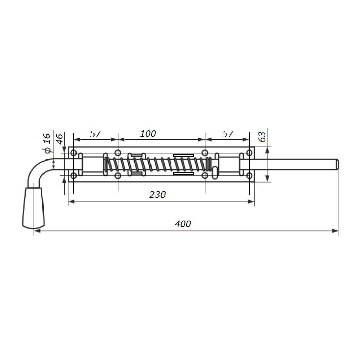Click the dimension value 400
tap(183, 224)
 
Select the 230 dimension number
tap(157, 195)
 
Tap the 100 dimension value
tap(148, 134)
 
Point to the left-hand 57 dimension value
tap(95, 134)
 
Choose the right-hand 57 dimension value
tap(228, 134)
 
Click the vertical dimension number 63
tap(262, 137)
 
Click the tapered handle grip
tap(34, 208)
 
